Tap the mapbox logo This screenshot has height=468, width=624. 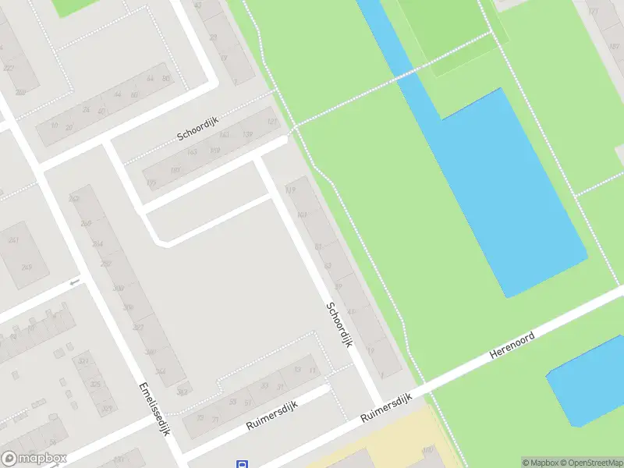pyautogui.click(x=34, y=459)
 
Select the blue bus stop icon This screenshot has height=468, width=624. pyautogui.click(x=242, y=463)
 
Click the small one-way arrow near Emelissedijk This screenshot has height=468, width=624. pyautogui.click(x=75, y=282)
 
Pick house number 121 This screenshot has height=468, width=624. pyautogui.click(x=272, y=122)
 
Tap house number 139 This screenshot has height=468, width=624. pyautogui.click(x=248, y=135)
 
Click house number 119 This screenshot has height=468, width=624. pyautogui.click(x=292, y=189)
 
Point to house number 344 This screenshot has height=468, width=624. pyautogui.click(x=160, y=371)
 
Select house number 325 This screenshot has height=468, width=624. pyautogui.click(x=95, y=384)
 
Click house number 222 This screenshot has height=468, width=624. pyautogui.click(x=9, y=68)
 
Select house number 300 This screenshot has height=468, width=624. pyautogui.click(x=118, y=289)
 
